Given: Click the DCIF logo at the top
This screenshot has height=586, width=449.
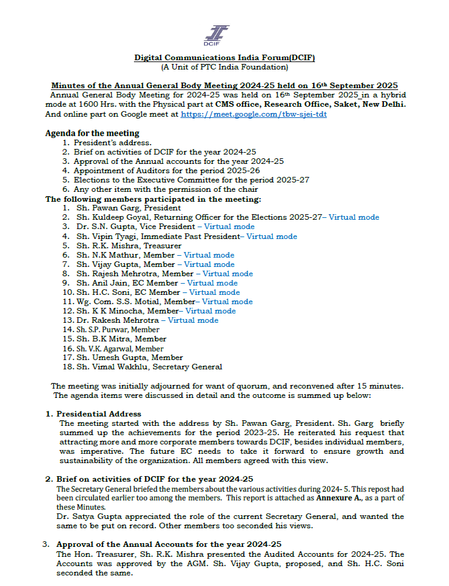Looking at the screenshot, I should (x=216, y=35).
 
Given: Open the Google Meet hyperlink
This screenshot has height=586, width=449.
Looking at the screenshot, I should (x=254, y=115).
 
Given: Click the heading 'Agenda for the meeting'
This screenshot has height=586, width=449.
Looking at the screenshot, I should (x=92, y=133).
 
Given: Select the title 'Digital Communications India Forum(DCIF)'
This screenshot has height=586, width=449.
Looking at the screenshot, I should (x=225, y=58).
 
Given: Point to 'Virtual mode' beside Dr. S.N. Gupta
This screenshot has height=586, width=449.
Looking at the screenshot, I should (x=229, y=227).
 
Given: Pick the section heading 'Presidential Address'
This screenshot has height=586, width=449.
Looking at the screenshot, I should (x=99, y=413).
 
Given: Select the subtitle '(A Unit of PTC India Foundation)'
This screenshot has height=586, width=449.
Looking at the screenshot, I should (x=225, y=66).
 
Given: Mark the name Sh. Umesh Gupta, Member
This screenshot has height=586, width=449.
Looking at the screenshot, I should (x=130, y=358).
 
